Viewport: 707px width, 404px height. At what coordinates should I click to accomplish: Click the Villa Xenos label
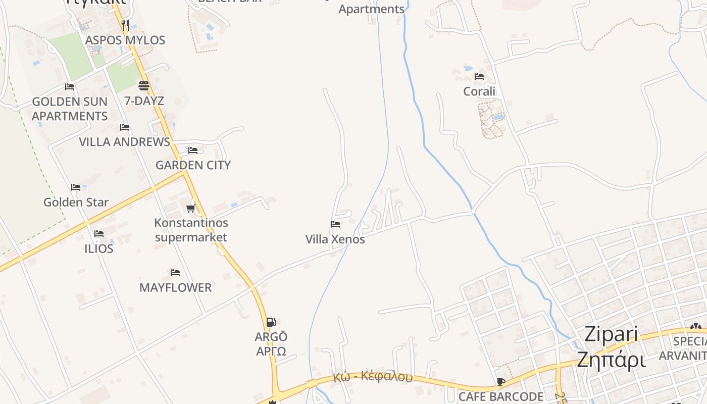335,239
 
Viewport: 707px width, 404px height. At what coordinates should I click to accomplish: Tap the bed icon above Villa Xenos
335,224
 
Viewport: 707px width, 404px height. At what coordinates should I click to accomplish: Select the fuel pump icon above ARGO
271,322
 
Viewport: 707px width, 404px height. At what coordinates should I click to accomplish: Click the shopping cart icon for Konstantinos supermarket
190,208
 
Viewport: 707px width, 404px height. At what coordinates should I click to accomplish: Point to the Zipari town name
611,334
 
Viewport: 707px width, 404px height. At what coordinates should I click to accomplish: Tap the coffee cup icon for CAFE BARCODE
500,382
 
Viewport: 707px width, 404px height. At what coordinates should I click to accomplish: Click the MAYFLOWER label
175,287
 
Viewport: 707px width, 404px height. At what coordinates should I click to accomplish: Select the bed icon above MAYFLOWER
175,273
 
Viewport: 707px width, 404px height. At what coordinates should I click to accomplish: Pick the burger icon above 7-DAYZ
144,85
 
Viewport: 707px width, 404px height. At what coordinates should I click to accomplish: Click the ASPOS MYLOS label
125,40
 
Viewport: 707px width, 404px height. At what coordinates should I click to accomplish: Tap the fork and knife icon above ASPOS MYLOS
125,24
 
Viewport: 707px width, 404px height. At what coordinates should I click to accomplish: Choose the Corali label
479,91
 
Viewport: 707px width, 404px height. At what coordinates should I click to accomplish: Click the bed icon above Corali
479,77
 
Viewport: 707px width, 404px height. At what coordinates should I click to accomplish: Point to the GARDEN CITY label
192,165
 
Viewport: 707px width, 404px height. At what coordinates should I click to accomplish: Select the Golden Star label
76,202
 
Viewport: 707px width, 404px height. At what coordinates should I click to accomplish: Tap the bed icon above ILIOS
99,234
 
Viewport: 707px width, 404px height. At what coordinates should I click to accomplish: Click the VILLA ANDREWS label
124,142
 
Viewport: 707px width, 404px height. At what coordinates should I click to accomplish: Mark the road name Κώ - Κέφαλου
373,377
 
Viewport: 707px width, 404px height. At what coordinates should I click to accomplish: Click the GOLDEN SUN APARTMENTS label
70,109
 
